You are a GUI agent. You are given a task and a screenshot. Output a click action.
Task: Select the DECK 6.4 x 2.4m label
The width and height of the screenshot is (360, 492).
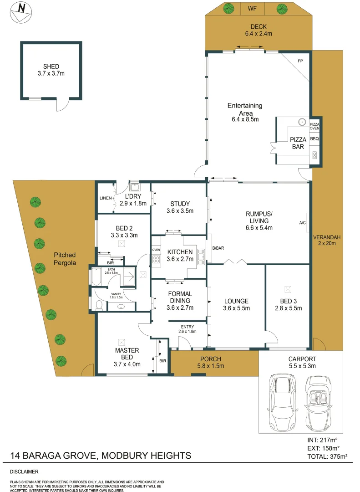[258, 30]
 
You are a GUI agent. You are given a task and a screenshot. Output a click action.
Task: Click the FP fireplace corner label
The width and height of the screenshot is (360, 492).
[300, 61]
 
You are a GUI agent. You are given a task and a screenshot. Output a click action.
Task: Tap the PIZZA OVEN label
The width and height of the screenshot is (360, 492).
[315, 126]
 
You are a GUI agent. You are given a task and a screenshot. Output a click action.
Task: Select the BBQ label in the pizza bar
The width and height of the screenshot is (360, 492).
[314, 138]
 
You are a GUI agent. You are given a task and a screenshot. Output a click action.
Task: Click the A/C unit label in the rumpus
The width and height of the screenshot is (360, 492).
[302, 223]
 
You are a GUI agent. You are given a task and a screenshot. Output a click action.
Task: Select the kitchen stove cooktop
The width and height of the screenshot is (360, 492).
[156, 259]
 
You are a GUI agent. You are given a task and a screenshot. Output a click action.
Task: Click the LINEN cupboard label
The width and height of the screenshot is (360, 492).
[106, 198]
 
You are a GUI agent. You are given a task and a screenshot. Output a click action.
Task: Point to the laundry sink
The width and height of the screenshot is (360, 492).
[135, 187]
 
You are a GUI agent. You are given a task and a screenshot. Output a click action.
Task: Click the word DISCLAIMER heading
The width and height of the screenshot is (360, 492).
[24, 471]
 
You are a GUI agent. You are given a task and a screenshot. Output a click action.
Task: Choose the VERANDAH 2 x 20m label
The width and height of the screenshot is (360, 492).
[327, 241]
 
